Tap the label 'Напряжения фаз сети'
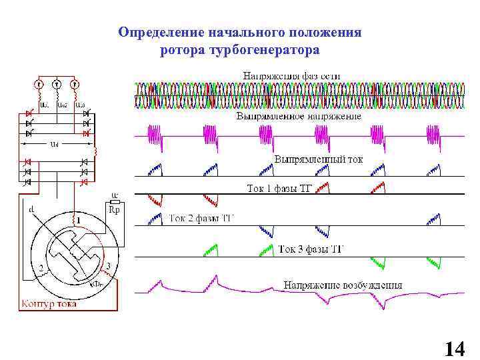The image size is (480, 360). (x=291, y=76)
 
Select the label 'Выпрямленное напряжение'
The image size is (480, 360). (x=299, y=116)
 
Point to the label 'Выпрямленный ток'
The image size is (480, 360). (x=319, y=160)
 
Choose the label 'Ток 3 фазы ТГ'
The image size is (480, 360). (x=311, y=249)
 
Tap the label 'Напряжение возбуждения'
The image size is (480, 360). (x=343, y=285)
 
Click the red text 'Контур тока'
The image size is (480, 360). (x=47, y=304)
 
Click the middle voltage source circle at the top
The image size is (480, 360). (x=57, y=85)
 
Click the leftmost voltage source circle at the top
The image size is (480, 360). (x=39, y=85)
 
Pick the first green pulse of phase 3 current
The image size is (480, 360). (x=211, y=251)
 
